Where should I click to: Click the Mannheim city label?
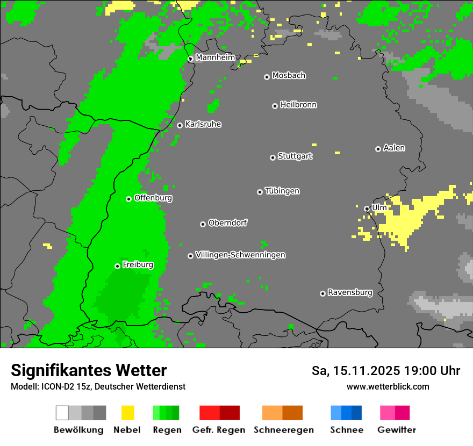215,57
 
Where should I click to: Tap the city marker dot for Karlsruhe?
180,125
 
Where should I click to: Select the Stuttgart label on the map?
295,156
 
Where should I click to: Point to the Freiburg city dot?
117,266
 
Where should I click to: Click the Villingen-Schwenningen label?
240,255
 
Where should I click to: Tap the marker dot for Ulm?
367,208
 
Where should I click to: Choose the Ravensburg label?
350,293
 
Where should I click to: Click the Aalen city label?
394,148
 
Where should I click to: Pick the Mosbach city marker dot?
267,77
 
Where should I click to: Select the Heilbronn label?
298,105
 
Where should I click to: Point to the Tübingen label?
282,191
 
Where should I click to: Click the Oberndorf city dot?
203,224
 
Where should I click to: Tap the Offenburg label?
153,198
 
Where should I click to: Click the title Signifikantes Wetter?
89,370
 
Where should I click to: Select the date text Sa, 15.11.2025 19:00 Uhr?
386,371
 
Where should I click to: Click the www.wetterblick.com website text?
388,386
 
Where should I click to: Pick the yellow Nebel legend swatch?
127,413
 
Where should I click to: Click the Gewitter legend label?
397,430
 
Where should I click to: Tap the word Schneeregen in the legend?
284,430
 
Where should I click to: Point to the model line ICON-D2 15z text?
98,386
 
